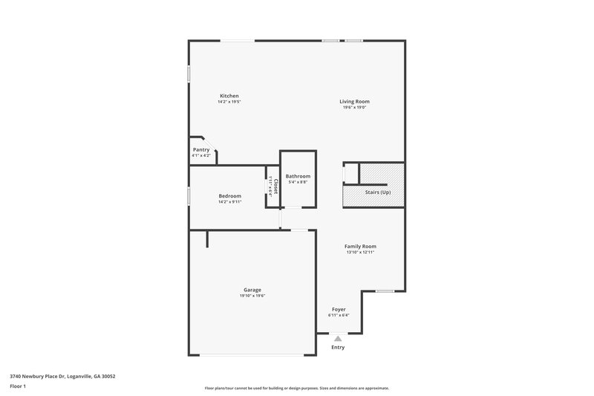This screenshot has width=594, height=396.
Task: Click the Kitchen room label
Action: tap(229, 95)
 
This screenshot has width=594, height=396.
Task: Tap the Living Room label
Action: tap(354, 101)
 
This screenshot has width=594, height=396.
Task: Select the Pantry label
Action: tap(201, 149)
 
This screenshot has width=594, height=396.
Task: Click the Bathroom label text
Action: tap(298, 176)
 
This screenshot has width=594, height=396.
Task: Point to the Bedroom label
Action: tap(229, 195)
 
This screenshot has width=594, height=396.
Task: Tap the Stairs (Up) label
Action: tap(377, 192)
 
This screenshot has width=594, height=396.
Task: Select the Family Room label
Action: tap(360, 246)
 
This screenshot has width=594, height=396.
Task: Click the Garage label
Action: tap(252, 290)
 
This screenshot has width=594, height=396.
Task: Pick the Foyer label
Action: tap(338, 309)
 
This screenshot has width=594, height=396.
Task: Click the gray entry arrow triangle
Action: tap(338, 338)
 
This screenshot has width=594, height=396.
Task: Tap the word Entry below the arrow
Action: tap(338, 347)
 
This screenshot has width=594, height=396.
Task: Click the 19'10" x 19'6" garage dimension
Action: tap(252, 296)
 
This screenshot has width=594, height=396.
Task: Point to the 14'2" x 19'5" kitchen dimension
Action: tap(229, 101)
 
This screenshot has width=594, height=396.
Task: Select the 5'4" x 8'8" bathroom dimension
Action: tap(298, 182)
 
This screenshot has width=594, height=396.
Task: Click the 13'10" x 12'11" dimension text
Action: tap(360, 252)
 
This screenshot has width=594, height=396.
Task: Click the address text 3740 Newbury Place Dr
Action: tap(62, 376)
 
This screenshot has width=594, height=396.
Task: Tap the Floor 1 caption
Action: tap(18, 386)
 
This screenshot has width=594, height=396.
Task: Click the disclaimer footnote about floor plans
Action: tap(297, 388)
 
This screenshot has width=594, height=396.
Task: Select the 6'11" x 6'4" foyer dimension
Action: tap(338, 315)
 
